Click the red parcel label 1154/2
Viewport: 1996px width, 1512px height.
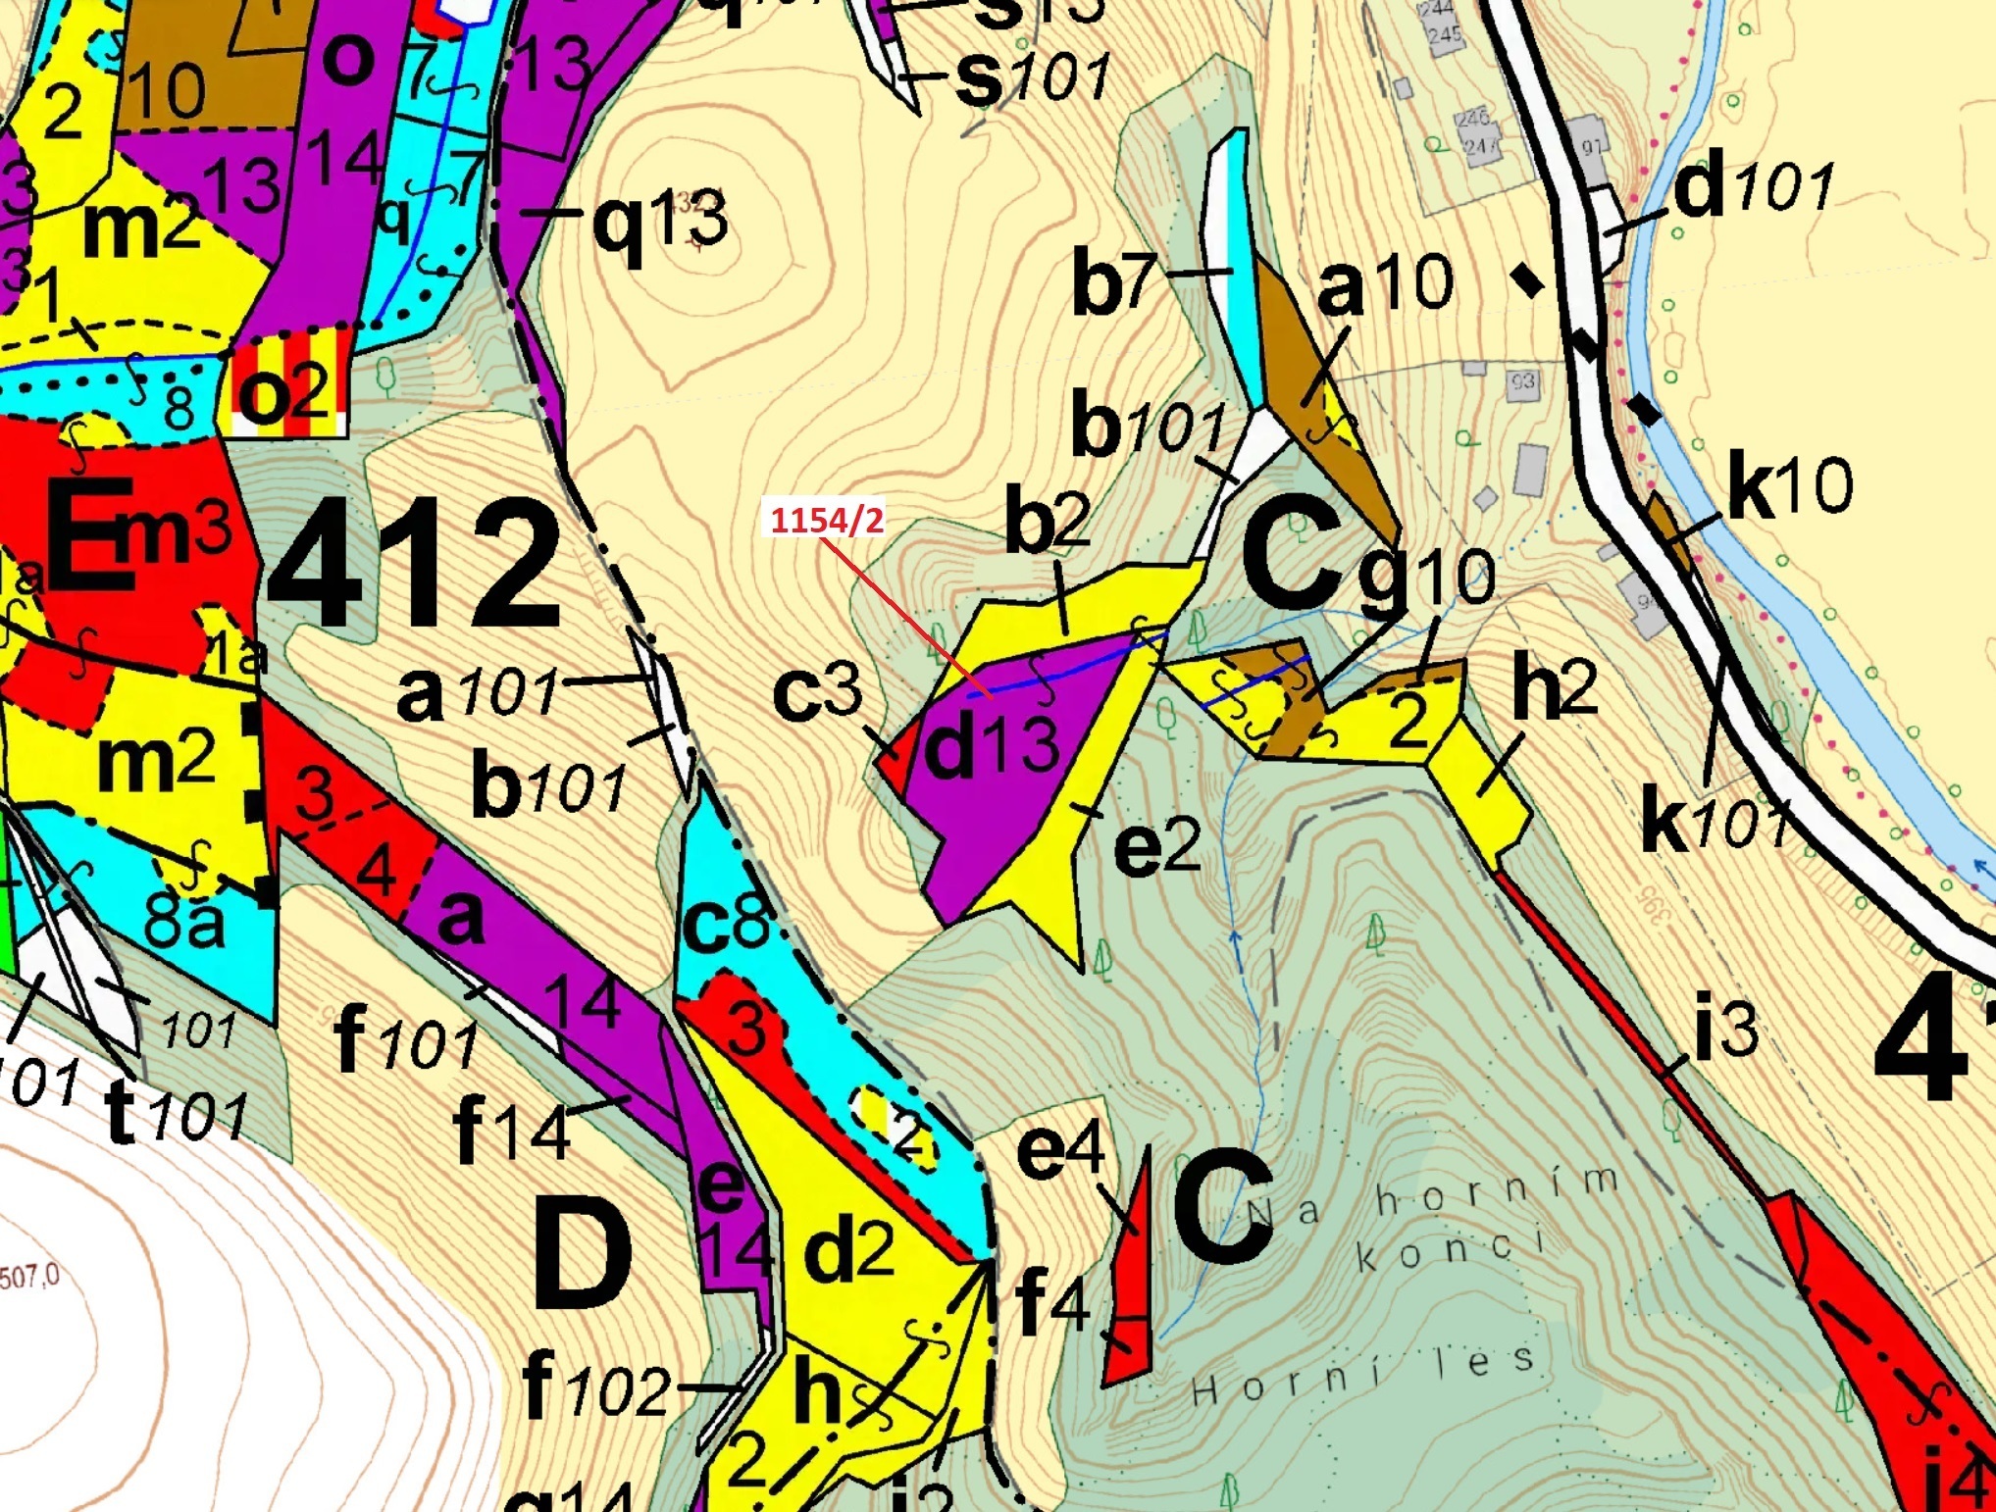tap(826, 520)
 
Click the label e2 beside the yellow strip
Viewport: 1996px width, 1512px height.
tap(1157, 845)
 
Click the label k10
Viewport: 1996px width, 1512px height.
tap(1789, 485)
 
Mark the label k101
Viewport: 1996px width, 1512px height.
tap(1712, 822)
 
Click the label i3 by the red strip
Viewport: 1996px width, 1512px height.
tap(1726, 1030)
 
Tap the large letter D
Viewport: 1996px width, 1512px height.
tap(582, 1257)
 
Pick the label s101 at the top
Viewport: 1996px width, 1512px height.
tap(1032, 78)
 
